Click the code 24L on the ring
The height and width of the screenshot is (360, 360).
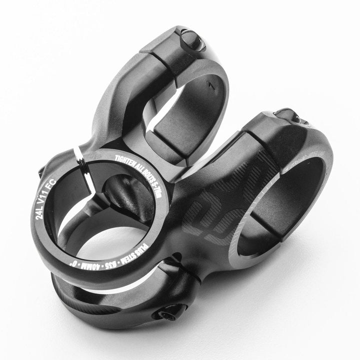click(x=39, y=213)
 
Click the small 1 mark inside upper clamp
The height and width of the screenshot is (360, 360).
click(x=212, y=86)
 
